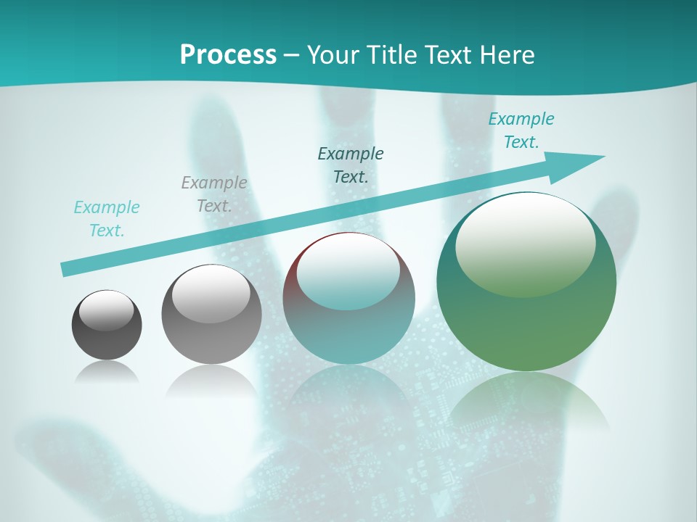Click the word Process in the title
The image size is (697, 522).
228,55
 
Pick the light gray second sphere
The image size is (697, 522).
211,315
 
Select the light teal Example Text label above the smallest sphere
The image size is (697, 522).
107,219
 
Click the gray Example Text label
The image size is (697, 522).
214,194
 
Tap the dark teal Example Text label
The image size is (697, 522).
351,165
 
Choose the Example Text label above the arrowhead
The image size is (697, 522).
521,130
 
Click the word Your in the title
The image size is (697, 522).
332,55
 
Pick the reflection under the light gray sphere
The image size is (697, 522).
211,379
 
